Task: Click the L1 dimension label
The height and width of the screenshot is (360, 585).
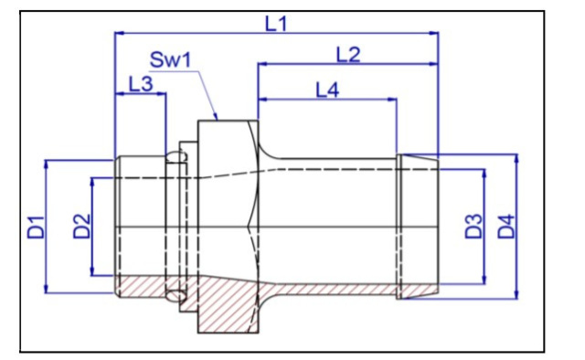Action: [276, 24]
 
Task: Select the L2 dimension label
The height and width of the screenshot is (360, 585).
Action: [349, 55]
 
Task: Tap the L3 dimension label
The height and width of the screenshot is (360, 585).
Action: [141, 84]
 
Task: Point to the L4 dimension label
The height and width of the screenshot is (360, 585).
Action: [327, 90]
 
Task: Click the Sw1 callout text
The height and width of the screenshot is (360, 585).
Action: [170, 60]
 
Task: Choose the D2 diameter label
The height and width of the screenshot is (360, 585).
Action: [81, 226]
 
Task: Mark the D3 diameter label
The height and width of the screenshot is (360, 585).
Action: [473, 226]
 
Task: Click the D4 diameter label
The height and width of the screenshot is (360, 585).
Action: [506, 227]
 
